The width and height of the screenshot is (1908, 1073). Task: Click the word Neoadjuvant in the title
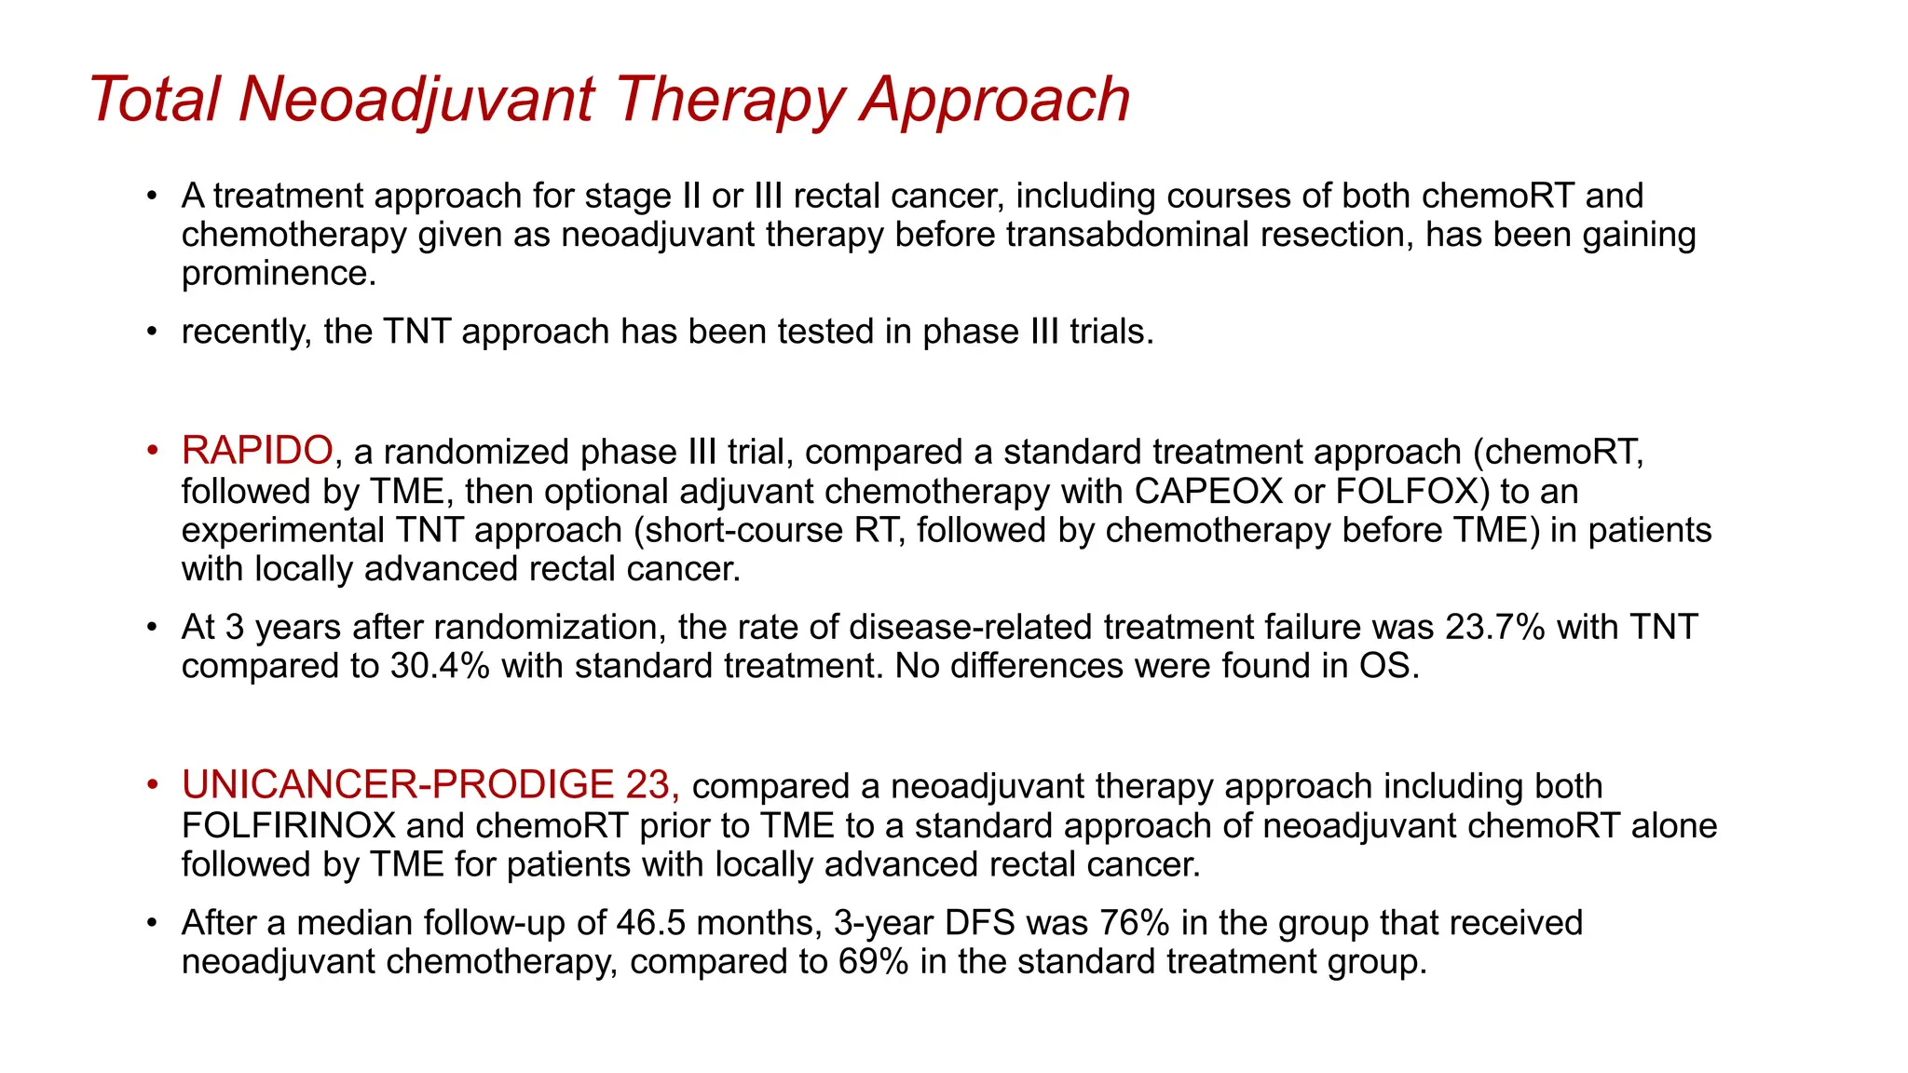click(416, 99)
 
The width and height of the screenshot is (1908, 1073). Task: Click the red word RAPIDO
click(257, 451)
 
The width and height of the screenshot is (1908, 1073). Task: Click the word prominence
click(279, 274)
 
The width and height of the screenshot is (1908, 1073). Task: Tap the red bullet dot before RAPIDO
click(153, 452)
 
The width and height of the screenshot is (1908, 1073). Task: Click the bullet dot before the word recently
click(153, 333)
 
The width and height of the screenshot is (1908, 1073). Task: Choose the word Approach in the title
click(994, 99)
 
